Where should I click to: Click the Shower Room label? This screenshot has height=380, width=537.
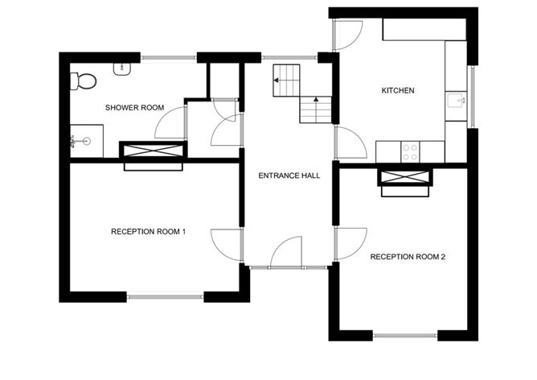[x=134, y=107]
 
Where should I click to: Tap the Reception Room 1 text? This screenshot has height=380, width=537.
[x=148, y=232]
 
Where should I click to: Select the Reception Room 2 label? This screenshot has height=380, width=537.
[x=408, y=257]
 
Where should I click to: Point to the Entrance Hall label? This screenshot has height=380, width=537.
[x=289, y=175]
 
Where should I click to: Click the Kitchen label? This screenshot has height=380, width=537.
[x=397, y=91]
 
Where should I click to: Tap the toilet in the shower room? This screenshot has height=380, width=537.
[x=82, y=81]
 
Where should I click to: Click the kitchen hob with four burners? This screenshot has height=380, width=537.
[x=410, y=151]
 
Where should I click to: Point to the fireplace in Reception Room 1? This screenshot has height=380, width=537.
[x=153, y=155]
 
